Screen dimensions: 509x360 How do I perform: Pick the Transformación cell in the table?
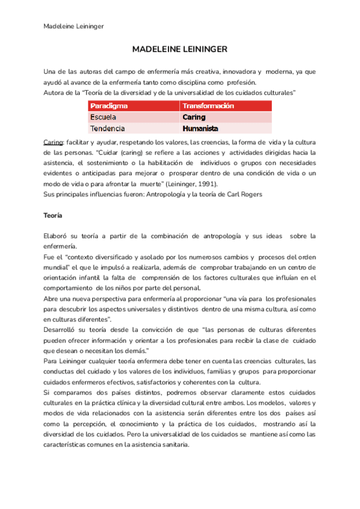[x=208, y=106]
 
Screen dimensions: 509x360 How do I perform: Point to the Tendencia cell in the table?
[x=107, y=128]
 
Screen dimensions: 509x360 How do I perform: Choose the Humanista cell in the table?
[x=200, y=128]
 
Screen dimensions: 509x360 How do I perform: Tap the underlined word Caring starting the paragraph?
[x=53, y=142]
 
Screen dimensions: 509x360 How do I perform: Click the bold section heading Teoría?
[x=54, y=215]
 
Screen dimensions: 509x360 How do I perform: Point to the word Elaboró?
[x=57, y=236]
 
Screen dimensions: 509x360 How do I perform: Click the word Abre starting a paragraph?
[x=52, y=298]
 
